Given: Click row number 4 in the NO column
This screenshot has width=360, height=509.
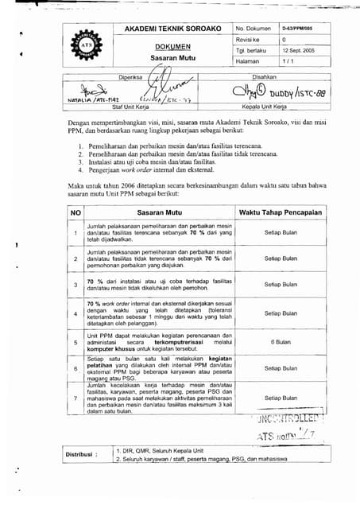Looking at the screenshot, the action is coord(75,313).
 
